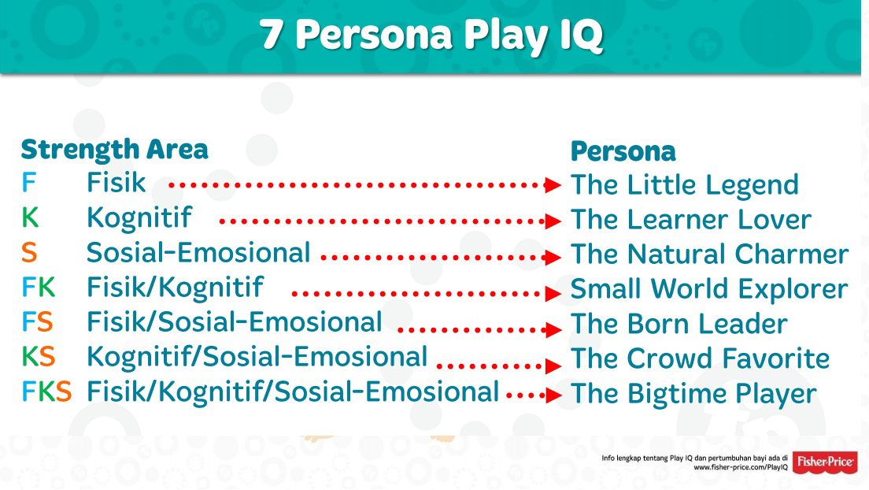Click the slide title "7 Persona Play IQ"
[x=431, y=35]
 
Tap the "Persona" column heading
[x=623, y=151]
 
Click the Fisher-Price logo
[x=825, y=462]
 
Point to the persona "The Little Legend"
[x=685, y=186]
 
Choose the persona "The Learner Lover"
[x=691, y=219]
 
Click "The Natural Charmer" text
[x=709, y=254]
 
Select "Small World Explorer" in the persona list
[x=709, y=289]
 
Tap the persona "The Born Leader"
[x=679, y=324]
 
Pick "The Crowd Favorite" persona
[x=700, y=358]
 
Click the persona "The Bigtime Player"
[x=693, y=394]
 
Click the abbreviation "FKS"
[x=46, y=392]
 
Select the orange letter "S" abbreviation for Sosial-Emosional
[x=29, y=253]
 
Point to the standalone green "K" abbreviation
[x=31, y=217]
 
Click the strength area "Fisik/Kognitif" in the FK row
[x=175, y=288]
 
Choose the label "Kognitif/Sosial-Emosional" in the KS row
[x=257, y=357]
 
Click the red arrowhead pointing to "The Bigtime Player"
[x=553, y=395]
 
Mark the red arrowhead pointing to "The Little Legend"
[x=553, y=185]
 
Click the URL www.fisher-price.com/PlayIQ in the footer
[x=741, y=468]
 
